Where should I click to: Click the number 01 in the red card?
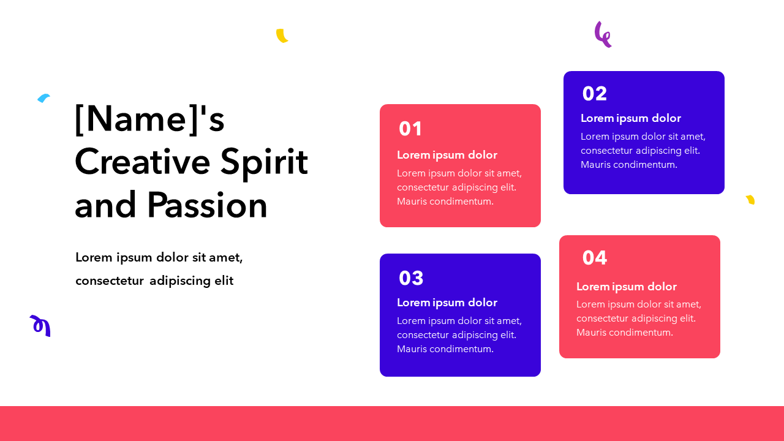click(x=410, y=129)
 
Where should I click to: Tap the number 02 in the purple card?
click(x=594, y=94)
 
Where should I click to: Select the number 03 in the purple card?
click(x=411, y=278)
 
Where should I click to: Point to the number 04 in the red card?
click(x=594, y=258)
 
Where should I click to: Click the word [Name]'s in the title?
click(x=149, y=119)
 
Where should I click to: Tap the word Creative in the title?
click(x=142, y=162)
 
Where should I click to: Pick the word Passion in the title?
click(x=207, y=205)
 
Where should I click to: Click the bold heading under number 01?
click(x=447, y=155)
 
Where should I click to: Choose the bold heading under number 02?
click(x=631, y=118)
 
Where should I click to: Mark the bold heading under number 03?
click(x=447, y=303)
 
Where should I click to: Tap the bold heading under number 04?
click(x=627, y=287)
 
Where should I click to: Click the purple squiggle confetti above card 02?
click(x=603, y=35)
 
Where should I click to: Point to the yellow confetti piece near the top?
click(x=281, y=36)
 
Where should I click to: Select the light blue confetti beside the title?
click(x=43, y=98)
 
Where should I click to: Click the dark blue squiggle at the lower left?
click(x=41, y=325)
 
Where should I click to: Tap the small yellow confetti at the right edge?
click(x=750, y=200)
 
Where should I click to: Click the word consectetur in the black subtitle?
click(x=110, y=281)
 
